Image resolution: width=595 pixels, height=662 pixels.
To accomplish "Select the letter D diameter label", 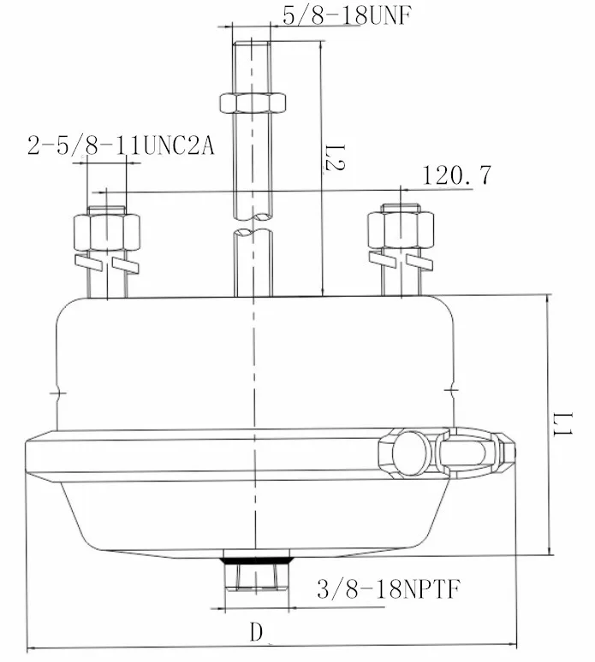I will coord(255,633).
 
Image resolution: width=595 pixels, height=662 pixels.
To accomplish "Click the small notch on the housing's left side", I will coord(57,394).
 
